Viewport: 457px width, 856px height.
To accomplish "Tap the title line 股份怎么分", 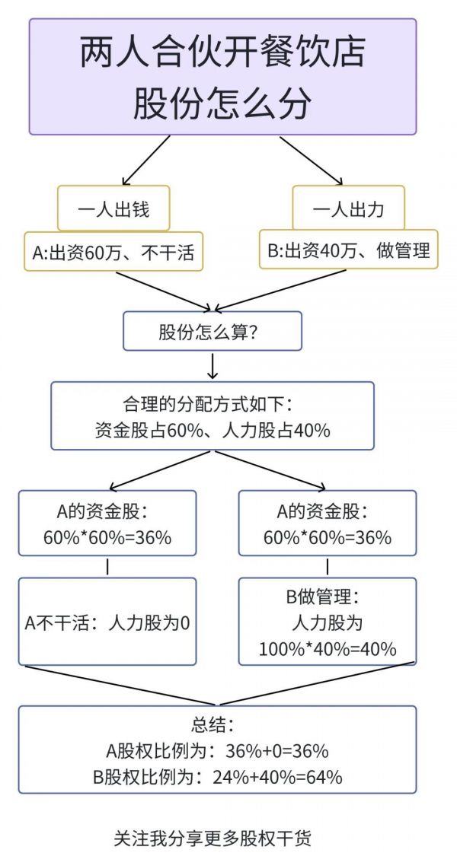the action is [222, 103].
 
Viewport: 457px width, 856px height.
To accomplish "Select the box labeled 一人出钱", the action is [113, 208].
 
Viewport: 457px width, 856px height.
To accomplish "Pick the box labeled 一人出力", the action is [348, 208].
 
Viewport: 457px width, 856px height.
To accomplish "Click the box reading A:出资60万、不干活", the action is [113, 252].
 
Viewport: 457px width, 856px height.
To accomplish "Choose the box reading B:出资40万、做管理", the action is [349, 250].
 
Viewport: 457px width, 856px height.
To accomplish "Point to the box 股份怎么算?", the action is [213, 331].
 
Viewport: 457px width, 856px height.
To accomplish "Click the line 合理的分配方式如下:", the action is [213, 405].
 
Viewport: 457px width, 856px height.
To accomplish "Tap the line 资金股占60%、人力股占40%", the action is [213, 430].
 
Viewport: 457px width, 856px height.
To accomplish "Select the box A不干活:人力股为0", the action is [107, 621].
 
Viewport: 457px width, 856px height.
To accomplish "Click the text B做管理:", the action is [324, 597].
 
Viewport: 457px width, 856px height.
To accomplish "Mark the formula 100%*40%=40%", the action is [328, 648].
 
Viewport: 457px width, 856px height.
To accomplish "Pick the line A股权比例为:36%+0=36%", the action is [217, 751].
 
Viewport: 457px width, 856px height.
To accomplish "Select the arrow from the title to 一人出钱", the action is [146, 161].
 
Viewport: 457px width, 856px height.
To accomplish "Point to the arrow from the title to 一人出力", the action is [311, 161].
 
